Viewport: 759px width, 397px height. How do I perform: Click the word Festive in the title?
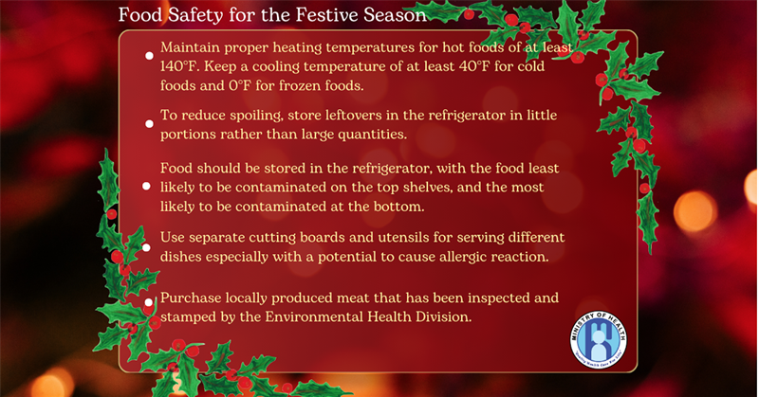(326, 15)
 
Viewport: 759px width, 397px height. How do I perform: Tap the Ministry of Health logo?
(599, 339)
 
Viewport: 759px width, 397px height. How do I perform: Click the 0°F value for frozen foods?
(240, 85)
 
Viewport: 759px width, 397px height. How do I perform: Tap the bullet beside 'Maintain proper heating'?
(150, 56)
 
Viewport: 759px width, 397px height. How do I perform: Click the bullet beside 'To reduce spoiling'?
(150, 124)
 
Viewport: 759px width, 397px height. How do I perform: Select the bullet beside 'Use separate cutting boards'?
(147, 247)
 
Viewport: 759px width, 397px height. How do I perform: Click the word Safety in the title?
(196, 15)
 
